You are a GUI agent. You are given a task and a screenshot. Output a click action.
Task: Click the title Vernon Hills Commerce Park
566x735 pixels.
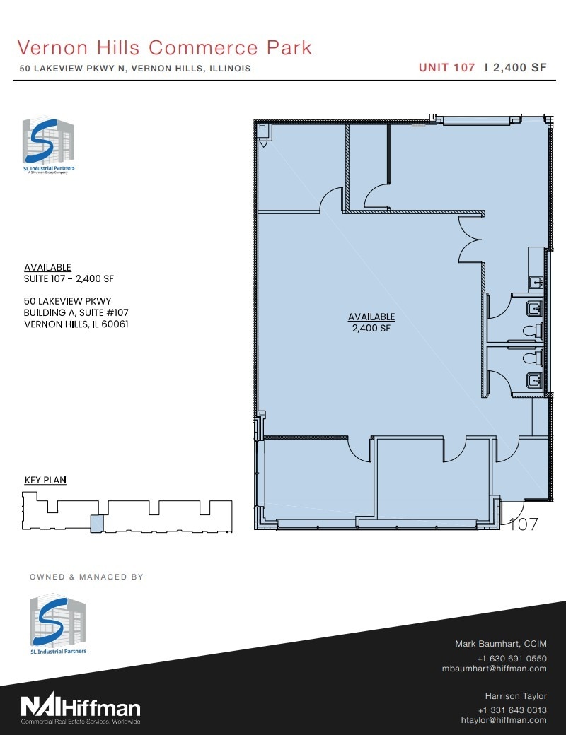pyautogui.click(x=165, y=47)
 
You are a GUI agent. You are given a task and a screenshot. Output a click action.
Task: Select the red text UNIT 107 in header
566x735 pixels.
pyautogui.click(x=446, y=68)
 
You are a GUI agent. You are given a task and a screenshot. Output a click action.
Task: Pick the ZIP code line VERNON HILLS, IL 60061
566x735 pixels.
pyautogui.click(x=76, y=324)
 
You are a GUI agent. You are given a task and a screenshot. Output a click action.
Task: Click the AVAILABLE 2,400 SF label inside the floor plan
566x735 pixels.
pyautogui.click(x=371, y=322)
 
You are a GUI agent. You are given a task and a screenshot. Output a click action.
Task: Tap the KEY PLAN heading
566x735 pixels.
pyautogui.click(x=45, y=480)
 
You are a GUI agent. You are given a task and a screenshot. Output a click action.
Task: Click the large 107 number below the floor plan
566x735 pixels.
pyautogui.click(x=524, y=524)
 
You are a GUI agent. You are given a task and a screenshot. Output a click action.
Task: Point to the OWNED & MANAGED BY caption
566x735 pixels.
pyautogui.click(x=86, y=577)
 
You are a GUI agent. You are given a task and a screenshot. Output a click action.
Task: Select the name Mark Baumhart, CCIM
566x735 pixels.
pyautogui.click(x=499, y=644)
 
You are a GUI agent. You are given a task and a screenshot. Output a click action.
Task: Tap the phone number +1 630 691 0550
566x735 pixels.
pyautogui.click(x=512, y=658)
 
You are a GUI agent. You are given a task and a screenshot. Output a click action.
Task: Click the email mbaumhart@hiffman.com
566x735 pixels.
pyautogui.click(x=494, y=668)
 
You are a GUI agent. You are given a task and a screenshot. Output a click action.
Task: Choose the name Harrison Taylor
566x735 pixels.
pyautogui.click(x=515, y=696)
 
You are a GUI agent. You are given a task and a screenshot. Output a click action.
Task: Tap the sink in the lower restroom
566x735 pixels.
pyautogui.click(x=535, y=381)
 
